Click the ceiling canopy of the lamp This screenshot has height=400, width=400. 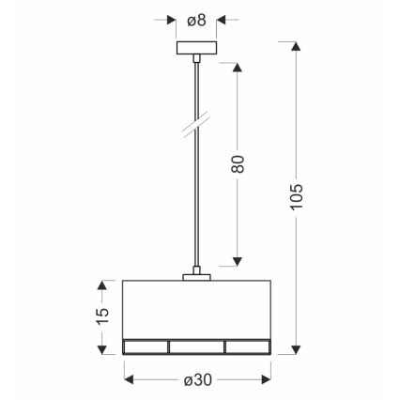pos(196,50)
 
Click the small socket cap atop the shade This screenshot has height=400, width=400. pos(196,275)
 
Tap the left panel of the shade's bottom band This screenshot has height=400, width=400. pos(146,346)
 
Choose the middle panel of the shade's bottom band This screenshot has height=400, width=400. pos(196,346)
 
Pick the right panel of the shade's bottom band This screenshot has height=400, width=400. pos(247,346)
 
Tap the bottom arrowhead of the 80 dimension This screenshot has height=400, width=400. pos(238,265)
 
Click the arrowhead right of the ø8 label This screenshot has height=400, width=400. pos(222,19)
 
